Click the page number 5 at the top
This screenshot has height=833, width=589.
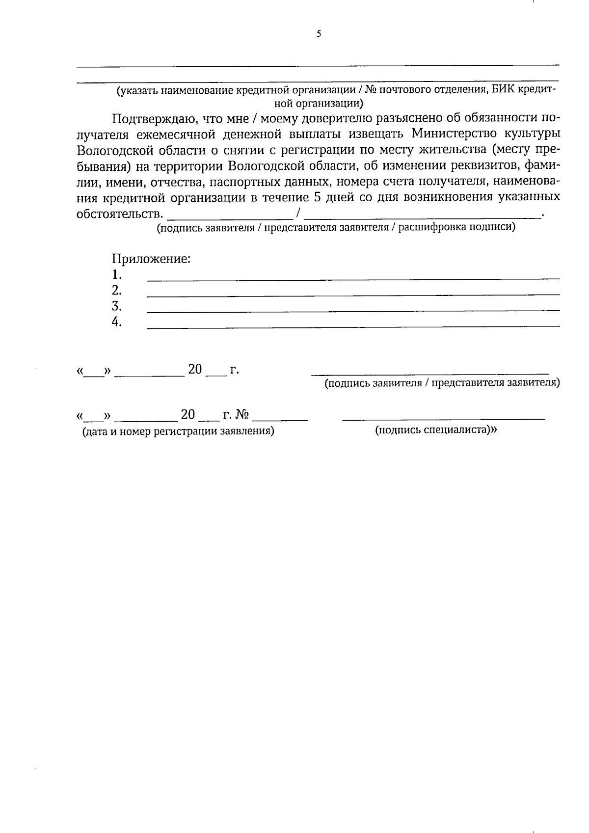(x=319, y=34)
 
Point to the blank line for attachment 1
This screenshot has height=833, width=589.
(x=353, y=278)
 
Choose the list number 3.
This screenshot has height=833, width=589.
(x=116, y=306)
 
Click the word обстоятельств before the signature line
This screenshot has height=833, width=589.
(x=119, y=214)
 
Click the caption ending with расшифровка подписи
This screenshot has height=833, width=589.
(x=336, y=228)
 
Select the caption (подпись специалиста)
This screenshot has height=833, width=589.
(x=436, y=430)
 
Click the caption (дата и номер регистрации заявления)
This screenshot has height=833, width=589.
(x=178, y=431)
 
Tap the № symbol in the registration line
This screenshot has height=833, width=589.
(x=242, y=415)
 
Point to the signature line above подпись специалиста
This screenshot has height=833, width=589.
(x=443, y=419)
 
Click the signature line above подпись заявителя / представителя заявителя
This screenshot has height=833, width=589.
(x=430, y=374)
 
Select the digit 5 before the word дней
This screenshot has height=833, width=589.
(x=317, y=197)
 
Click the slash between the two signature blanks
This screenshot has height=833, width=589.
(x=298, y=214)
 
